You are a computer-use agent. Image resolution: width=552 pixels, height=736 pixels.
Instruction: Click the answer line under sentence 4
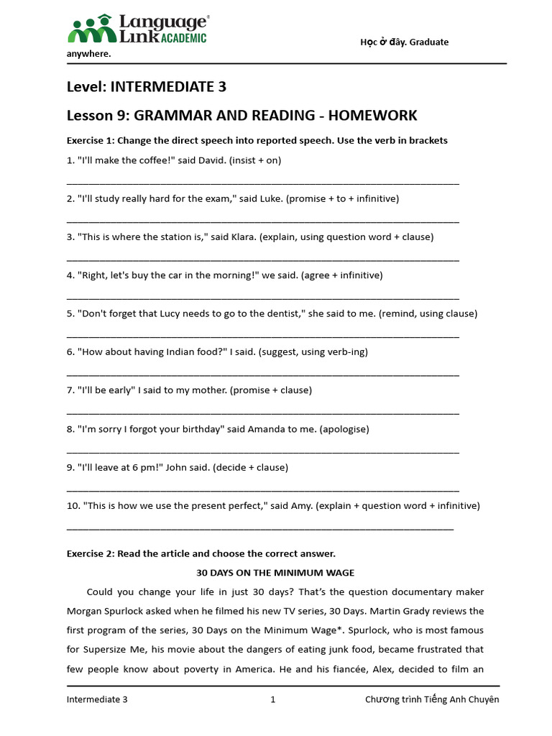pyautogui.click(x=262, y=296)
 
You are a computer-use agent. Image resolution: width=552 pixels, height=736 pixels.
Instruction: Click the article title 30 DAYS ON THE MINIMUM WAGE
pyautogui.click(x=275, y=573)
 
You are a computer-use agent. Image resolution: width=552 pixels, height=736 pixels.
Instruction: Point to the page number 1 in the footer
pyautogui.click(x=273, y=699)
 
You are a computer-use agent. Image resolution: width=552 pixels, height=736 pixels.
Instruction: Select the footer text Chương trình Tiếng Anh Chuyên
pyautogui.click(x=431, y=699)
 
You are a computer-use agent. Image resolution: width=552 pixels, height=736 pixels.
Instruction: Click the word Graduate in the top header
pyautogui.click(x=428, y=42)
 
